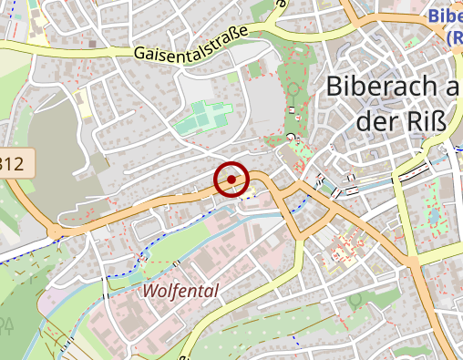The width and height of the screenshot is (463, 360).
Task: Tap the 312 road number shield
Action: (x=16, y=164)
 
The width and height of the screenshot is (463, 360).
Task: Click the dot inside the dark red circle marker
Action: (x=231, y=179)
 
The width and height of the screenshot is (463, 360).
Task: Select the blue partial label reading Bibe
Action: (x=445, y=15)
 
